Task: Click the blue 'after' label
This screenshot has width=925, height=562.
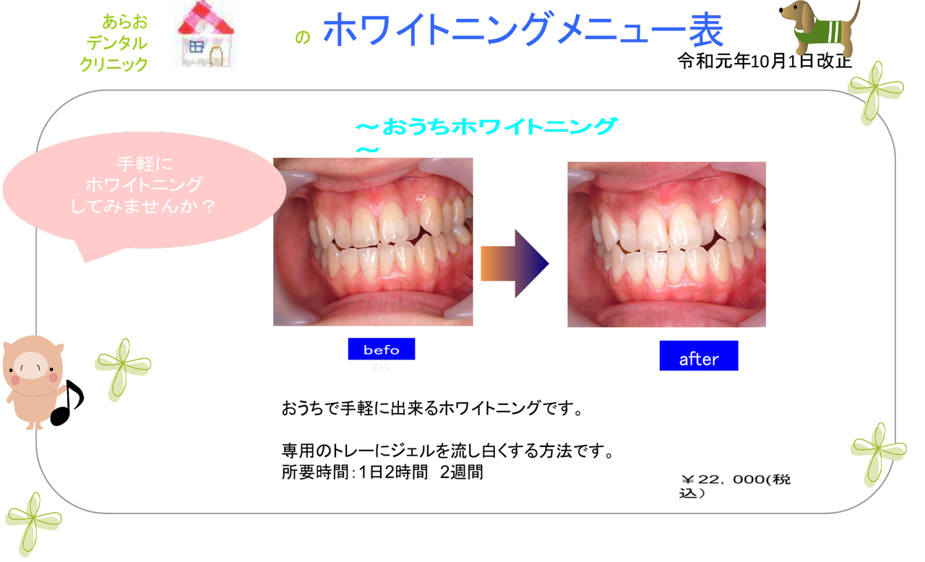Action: tap(699, 356)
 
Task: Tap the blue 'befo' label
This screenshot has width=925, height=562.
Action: tap(382, 349)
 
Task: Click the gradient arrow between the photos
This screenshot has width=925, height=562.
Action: tap(515, 264)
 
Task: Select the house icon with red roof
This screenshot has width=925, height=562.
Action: tap(205, 34)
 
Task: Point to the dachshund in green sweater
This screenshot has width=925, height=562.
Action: tap(819, 27)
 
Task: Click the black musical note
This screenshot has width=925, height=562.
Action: tap(67, 403)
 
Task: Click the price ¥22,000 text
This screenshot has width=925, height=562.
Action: tap(735, 486)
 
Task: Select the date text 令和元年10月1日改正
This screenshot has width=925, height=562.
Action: tap(765, 61)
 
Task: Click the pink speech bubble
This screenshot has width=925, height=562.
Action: tap(144, 192)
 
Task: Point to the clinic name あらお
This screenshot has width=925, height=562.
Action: tap(125, 22)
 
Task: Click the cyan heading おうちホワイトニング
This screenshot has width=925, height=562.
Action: tap(487, 127)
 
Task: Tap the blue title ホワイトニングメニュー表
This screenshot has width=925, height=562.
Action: tap(523, 29)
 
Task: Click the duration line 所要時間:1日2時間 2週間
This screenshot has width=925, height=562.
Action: tap(382, 472)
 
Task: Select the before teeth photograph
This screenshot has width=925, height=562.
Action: tap(373, 242)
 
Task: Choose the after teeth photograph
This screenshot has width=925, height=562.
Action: tap(666, 244)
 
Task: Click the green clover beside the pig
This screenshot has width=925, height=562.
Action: tap(123, 364)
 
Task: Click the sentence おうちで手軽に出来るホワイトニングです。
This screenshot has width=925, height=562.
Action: tap(432, 408)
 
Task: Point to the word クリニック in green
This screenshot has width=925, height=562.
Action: tap(114, 64)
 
